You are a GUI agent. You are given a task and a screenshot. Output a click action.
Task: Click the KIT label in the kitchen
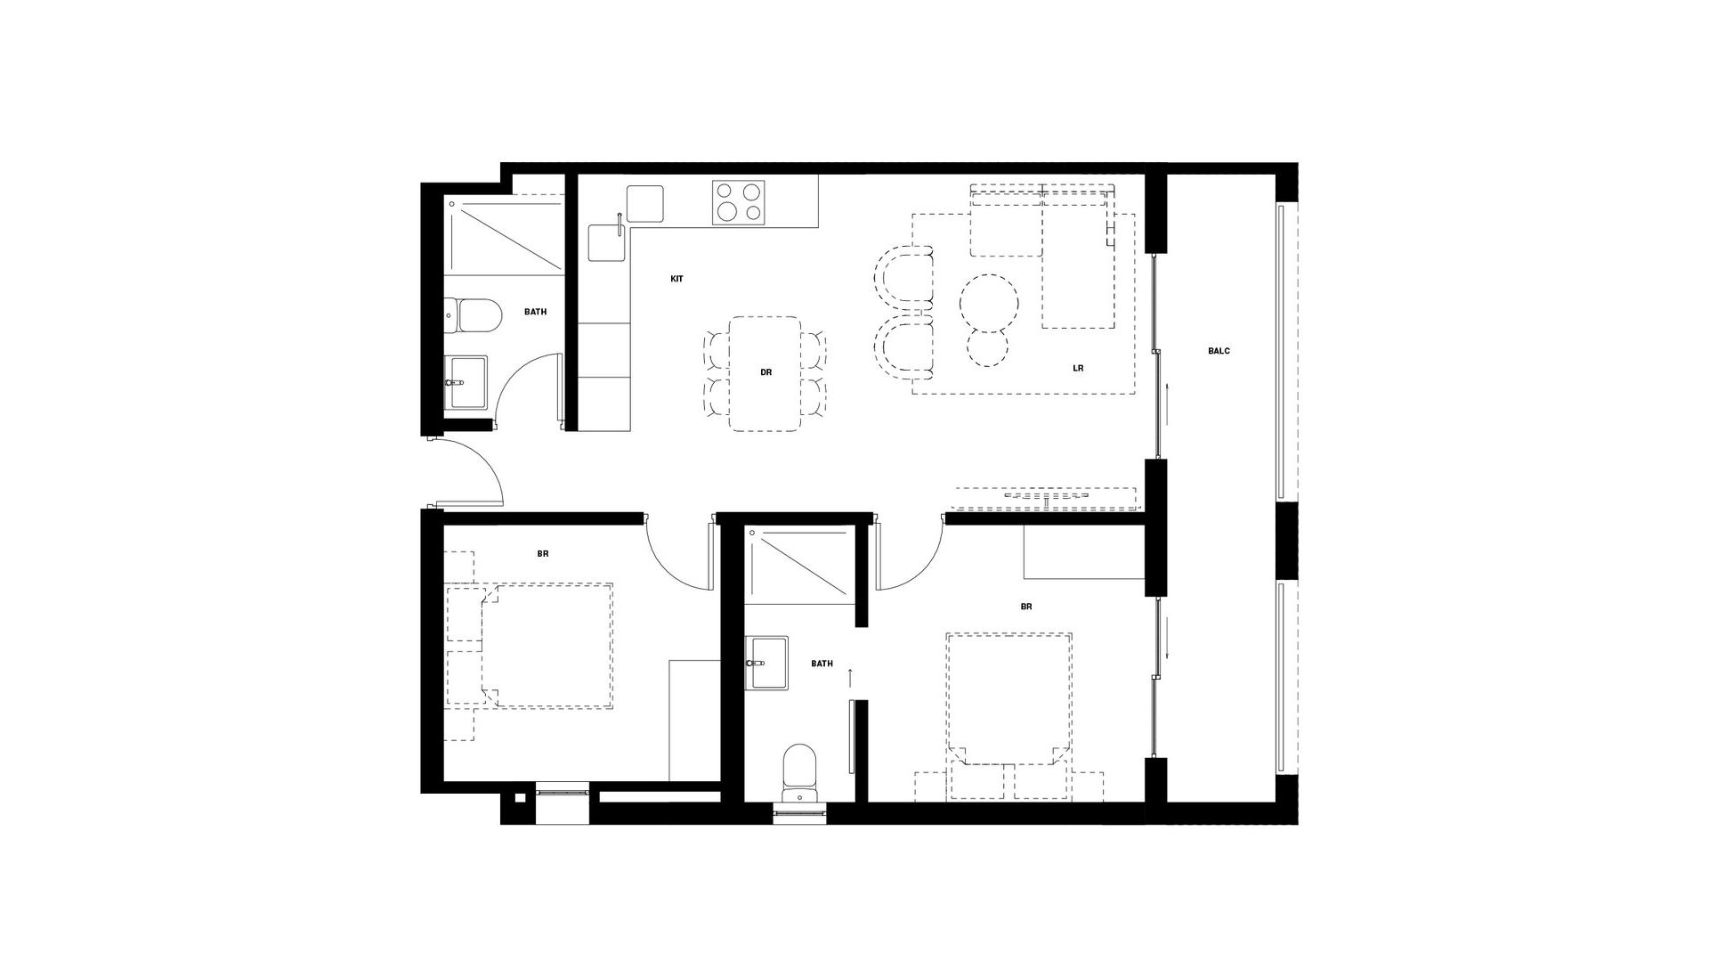point(676,279)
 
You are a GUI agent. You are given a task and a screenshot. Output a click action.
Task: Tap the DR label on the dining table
point(765,372)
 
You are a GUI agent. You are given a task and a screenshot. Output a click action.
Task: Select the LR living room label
point(1078,368)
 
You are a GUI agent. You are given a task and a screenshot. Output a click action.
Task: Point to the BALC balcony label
point(1219,351)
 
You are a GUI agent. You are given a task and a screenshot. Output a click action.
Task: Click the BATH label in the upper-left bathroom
point(535,312)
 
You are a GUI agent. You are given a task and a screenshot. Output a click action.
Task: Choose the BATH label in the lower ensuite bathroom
point(822,664)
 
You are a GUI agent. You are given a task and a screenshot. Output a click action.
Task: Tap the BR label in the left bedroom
point(543,554)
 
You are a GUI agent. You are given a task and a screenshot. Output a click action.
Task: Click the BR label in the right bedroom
point(1026,607)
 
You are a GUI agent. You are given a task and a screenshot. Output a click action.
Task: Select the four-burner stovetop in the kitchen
point(739,202)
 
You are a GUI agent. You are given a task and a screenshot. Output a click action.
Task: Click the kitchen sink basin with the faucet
point(609,241)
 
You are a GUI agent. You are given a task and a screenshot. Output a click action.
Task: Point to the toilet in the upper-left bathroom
point(472,315)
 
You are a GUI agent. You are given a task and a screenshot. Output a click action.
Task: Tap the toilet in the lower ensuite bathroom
point(799,773)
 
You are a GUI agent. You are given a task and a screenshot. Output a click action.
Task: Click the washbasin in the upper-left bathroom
point(466,382)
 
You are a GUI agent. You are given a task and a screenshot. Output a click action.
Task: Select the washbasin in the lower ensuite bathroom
point(767,663)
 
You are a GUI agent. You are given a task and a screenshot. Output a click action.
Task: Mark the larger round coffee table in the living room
point(989,302)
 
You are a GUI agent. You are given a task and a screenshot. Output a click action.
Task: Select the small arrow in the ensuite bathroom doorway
point(851,678)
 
